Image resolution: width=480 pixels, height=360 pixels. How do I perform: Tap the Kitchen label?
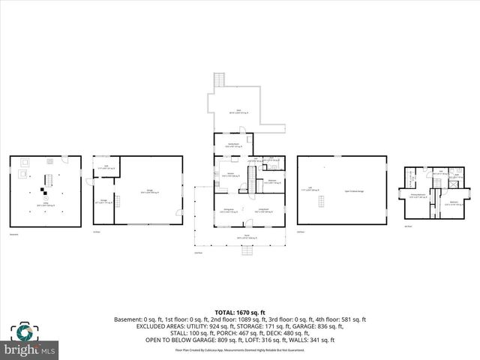point(232,174)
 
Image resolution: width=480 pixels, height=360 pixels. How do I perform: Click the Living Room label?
point(264,211)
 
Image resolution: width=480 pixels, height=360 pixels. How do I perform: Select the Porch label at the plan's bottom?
point(239,236)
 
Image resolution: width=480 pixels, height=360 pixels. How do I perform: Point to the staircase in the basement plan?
point(46,182)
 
